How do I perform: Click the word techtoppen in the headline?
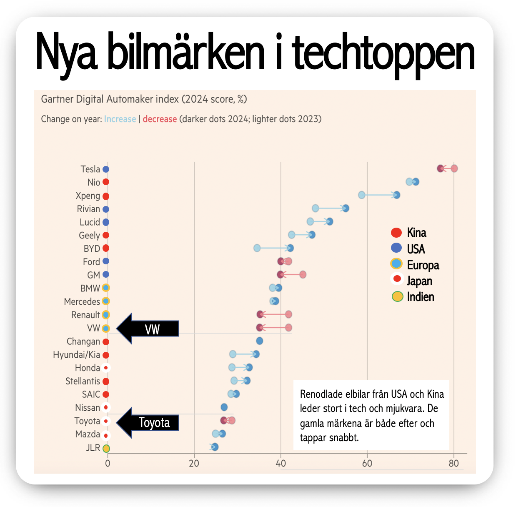[383, 52]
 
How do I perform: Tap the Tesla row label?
[90, 169]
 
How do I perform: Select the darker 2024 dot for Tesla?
[441, 168]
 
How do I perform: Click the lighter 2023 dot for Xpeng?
[362, 195]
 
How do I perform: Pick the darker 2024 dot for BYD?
[291, 248]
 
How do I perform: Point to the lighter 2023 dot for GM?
[303, 274]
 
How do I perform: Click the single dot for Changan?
[259, 341]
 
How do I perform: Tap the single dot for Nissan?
[224, 407]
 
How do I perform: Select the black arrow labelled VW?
[148, 329]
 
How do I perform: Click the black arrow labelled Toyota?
[148, 423]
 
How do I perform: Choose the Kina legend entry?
[409, 233]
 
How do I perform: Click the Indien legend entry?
[413, 297]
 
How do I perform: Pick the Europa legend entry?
[415, 265]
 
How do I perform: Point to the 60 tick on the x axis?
[367, 463]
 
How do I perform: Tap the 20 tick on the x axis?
[194, 463]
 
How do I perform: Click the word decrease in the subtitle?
[160, 119]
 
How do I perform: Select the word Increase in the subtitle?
[120, 119]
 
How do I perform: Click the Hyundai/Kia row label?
[77, 355]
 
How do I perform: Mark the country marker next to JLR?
[106, 449]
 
